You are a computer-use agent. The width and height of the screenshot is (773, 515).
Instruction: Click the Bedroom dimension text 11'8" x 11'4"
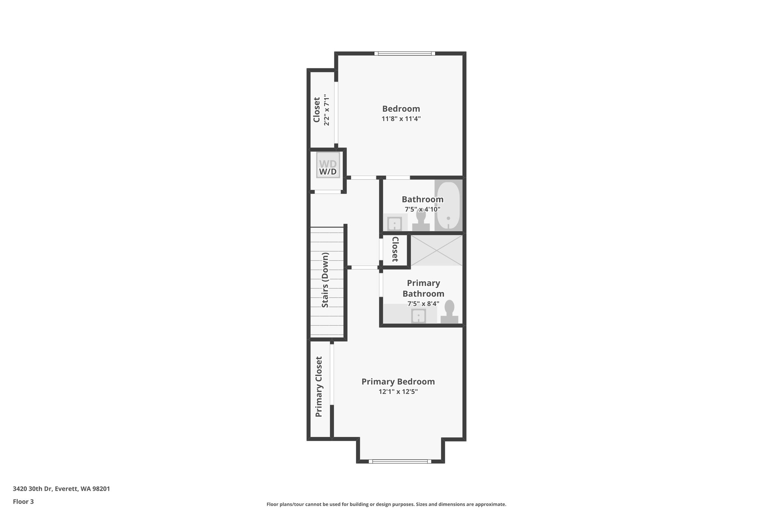click(401, 119)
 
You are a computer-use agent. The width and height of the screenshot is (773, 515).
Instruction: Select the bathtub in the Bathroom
click(448, 205)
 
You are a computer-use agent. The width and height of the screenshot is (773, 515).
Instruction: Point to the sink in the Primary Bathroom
click(419, 316)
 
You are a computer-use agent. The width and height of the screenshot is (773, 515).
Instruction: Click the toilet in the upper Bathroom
click(421, 221)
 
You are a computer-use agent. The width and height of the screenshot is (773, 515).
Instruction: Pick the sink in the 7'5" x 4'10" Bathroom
click(394, 223)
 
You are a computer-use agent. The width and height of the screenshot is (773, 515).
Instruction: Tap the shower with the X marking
click(436, 251)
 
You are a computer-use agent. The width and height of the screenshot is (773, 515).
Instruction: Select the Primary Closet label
click(319, 387)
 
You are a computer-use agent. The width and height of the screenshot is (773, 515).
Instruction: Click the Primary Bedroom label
click(398, 381)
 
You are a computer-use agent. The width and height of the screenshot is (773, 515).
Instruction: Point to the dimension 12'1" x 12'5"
click(398, 392)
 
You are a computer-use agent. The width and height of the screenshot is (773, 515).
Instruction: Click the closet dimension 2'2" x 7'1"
click(327, 110)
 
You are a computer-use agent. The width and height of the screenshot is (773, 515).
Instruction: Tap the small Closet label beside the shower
click(395, 249)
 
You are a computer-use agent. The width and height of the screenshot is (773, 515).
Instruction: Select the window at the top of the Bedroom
click(405, 54)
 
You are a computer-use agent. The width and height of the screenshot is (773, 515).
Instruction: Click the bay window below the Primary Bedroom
click(400, 461)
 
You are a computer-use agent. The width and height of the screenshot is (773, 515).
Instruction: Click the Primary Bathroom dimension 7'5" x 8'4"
click(423, 304)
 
